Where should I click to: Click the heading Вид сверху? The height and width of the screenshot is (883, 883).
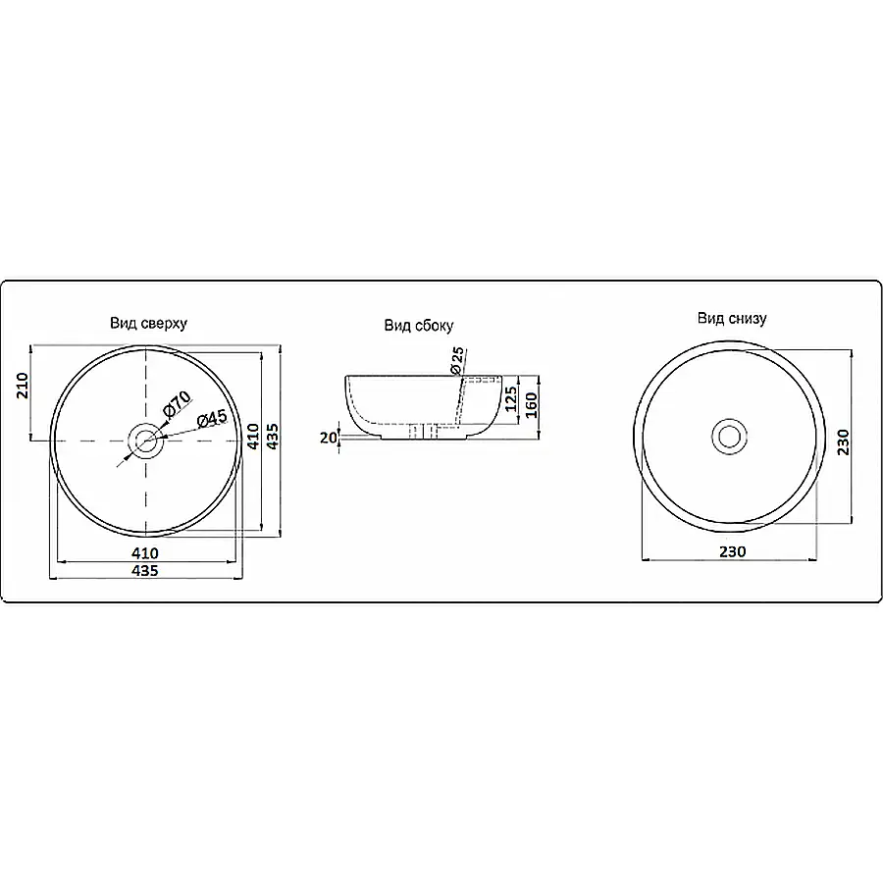click(x=148, y=323)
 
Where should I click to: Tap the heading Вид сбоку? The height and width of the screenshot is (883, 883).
click(x=418, y=326)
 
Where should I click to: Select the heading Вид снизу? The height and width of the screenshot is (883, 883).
click(x=732, y=318)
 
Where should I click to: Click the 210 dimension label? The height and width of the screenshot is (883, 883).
click(x=23, y=386)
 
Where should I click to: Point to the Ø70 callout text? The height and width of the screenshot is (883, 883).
click(x=178, y=404)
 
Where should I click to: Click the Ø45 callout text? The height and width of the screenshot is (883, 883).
click(x=212, y=418)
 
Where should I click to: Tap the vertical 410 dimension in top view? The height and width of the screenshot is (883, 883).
click(x=253, y=437)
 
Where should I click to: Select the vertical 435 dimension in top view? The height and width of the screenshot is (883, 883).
click(x=273, y=437)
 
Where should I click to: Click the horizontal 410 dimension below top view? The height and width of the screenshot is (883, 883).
click(x=145, y=553)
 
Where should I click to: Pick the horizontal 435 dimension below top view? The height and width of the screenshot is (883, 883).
click(x=145, y=570)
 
